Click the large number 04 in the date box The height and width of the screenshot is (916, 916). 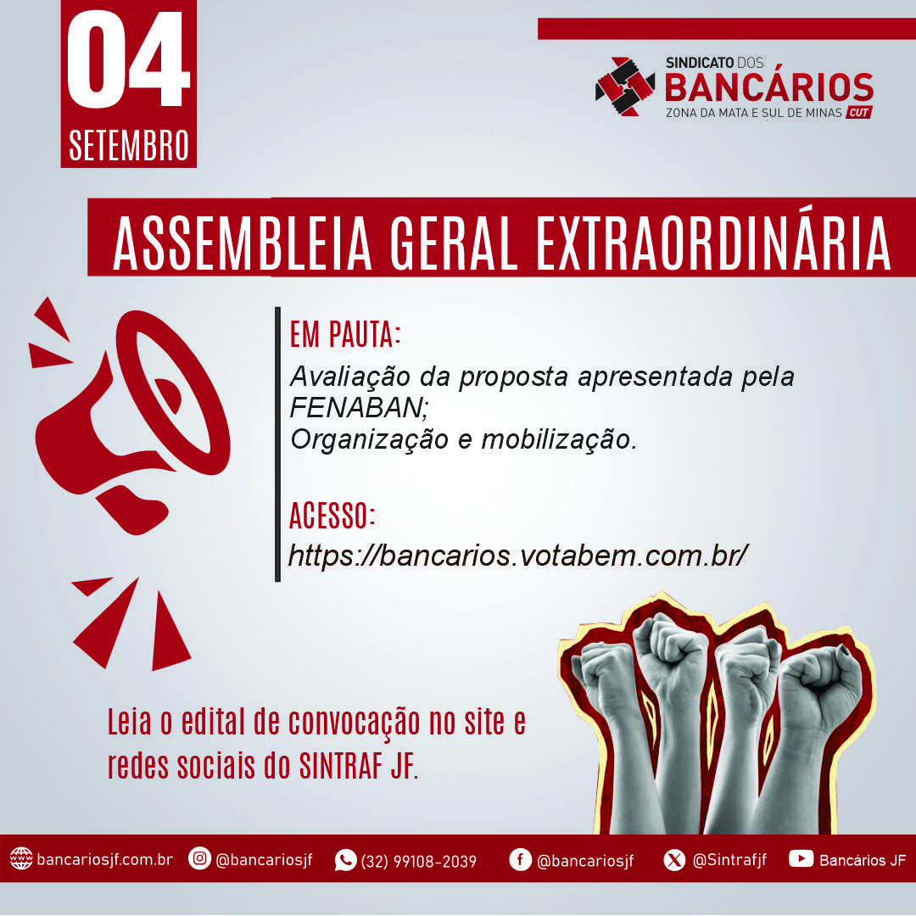tap(129, 59)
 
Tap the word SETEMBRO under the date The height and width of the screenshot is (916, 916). tap(129, 146)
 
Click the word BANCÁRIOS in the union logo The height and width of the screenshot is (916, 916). tap(768, 87)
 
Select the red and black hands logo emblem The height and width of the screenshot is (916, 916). tap(625, 87)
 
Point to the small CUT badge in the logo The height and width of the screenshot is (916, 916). tap(858, 112)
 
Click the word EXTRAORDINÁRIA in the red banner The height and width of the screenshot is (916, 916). tap(713, 243)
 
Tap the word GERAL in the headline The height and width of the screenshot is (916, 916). tap(453, 244)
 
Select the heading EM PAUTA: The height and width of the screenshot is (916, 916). tap(345, 335)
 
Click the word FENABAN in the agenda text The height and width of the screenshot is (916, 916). tap(359, 408)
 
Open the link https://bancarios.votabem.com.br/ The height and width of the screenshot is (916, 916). tap(518, 556)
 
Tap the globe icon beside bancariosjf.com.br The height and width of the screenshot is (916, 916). tap(21, 858)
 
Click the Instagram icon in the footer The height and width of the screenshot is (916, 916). tap(199, 858)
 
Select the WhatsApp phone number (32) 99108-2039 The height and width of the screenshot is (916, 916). tap(418, 861)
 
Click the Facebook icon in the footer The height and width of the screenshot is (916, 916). tap(520, 859)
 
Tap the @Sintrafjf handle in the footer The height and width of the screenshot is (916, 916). tap(729, 860)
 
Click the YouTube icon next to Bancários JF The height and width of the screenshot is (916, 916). tap(801, 858)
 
